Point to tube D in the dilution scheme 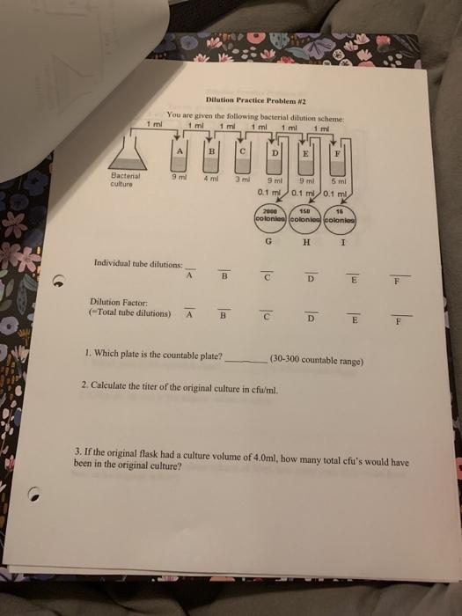coord(275,161)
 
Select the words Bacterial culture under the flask coord(121,180)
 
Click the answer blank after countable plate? coord(246,359)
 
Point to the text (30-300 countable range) coord(318,361)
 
